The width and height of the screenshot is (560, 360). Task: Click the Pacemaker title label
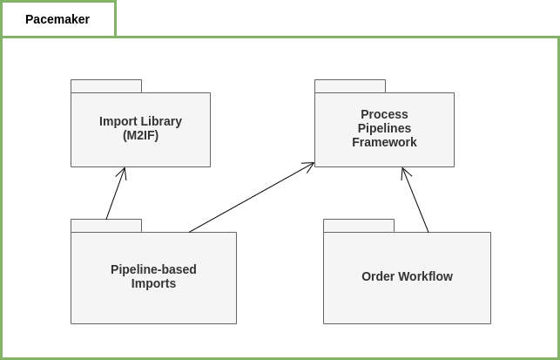(x=57, y=19)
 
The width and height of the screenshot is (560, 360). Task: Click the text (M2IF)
(x=140, y=135)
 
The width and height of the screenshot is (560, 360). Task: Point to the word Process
(x=384, y=114)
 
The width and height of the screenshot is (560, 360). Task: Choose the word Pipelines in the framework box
(x=384, y=128)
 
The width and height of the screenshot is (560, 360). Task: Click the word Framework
(x=384, y=142)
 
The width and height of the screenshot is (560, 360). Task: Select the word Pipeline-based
(x=153, y=269)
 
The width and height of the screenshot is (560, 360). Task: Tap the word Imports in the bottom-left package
(x=153, y=283)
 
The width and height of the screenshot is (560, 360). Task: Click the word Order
(x=378, y=276)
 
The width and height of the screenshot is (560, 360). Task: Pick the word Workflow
(x=425, y=276)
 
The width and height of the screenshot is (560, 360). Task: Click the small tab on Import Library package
(x=106, y=86)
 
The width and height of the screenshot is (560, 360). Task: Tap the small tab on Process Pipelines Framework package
(x=350, y=86)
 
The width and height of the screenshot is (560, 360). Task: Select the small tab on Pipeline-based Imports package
(x=106, y=226)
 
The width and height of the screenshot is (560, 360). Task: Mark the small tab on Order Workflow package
(x=359, y=226)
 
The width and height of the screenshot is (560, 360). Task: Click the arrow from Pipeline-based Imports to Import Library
(x=116, y=193)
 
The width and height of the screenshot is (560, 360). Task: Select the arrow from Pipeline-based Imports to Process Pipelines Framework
(x=252, y=197)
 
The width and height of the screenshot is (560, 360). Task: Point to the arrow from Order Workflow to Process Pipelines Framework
(x=415, y=200)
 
